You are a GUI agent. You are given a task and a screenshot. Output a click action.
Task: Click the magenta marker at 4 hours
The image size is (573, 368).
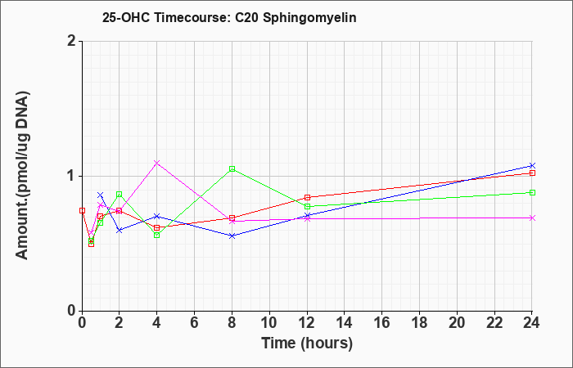click(x=157, y=163)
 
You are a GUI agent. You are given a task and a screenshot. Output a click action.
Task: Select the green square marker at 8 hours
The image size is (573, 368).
click(x=232, y=169)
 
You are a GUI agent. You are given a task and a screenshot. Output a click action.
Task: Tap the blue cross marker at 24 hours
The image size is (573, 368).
click(x=532, y=166)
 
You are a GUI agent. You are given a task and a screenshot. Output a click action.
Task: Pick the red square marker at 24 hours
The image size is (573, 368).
click(x=532, y=173)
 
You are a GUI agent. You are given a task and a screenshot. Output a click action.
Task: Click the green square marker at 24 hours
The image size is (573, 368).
click(x=532, y=193)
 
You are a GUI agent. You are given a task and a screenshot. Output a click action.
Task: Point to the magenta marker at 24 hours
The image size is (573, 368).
click(x=532, y=218)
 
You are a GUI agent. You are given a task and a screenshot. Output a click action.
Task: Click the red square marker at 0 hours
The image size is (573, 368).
click(x=82, y=211)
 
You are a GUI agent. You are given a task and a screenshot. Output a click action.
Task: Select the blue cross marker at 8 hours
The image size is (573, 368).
click(x=232, y=236)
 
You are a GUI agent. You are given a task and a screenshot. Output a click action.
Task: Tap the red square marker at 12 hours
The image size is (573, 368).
click(x=307, y=198)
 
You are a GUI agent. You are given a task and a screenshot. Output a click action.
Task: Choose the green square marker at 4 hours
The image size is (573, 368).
click(x=157, y=236)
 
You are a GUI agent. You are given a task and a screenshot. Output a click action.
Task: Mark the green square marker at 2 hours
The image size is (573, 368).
click(x=120, y=195)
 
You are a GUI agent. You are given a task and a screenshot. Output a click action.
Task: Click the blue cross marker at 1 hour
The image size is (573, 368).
click(x=101, y=195)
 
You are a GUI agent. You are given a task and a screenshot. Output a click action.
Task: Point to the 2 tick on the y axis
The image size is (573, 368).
click(x=80, y=41)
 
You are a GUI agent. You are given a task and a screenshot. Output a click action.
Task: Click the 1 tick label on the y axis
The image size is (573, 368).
click(x=71, y=177)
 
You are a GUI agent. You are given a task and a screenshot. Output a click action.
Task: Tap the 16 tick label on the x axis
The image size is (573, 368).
click(x=382, y=323)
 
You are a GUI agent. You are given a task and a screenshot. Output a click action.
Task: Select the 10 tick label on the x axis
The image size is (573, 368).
click(x=269, y=323)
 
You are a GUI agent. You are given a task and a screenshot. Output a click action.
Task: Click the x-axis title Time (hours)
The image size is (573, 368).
click(x=307, y=343)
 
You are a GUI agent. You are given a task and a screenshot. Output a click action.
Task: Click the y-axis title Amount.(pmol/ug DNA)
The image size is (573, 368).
click(x=23, y=176)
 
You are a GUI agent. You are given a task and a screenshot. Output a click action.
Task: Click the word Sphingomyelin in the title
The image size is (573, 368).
click(x=309, y=18)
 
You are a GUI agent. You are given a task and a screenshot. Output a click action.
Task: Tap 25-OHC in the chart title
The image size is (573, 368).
click(x=126, y=17)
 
